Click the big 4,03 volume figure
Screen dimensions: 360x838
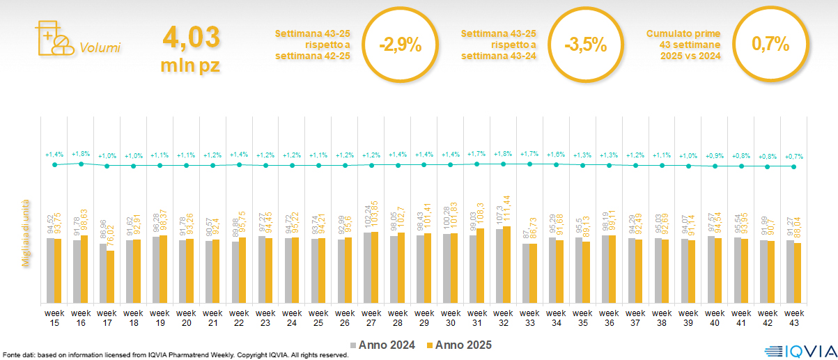[190, 36]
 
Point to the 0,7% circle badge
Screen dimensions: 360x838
[770, 45]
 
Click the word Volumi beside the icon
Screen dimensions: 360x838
[100, 48]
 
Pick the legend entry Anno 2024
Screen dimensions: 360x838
[383, 345]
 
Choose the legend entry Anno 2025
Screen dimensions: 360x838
[460, 345]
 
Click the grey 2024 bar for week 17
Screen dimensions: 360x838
[102, 273]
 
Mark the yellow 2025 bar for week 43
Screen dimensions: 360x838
[798, 273]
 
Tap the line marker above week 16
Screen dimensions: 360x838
[81, 164]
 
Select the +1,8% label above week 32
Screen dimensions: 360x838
[504, 153]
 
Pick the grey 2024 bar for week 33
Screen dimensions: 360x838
[526, 273]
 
